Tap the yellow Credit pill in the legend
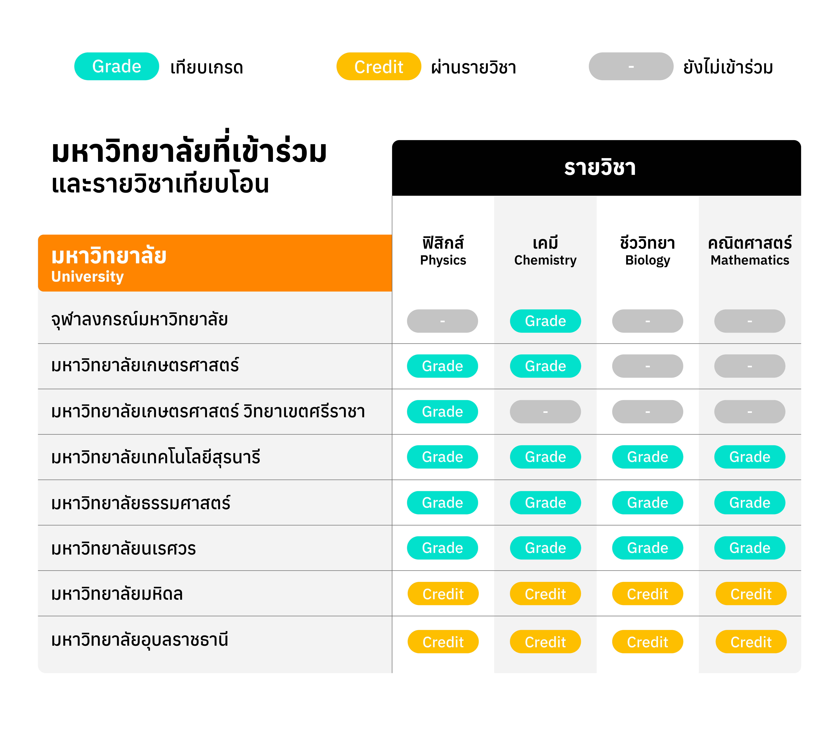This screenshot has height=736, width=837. pyautogui.click(x=379, y=66)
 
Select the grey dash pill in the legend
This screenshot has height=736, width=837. pyautogui.click(x=631, y=66)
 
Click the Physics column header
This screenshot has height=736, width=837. pyautogui.click(x=443, y=251)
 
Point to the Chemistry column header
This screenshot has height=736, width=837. pyautogui.click(x=545, y=251)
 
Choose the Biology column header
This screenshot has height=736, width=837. pyautogui.click(x=647, y=251)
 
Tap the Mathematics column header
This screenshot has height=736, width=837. pyautogui.click(x=750, y=251)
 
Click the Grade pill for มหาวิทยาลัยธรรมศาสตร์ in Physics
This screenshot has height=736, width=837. pyautogui.click(x=442, y=503)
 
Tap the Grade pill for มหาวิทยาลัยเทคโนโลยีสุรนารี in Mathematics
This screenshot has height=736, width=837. pyautogui.click(x=750, y=457)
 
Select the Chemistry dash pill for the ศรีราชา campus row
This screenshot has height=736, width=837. pyautogui.click(x=545, y=412)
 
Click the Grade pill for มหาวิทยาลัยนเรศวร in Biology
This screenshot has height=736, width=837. pyautogui.click(x=647, y=548)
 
